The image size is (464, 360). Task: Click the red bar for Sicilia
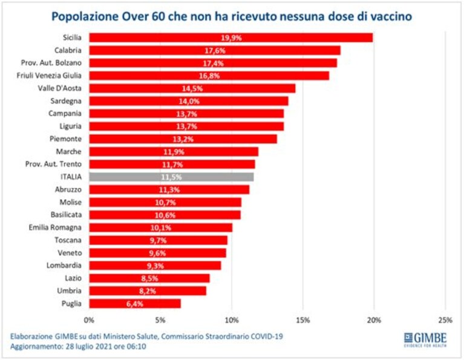231,38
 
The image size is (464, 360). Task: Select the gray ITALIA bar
171,177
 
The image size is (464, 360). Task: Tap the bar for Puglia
135,304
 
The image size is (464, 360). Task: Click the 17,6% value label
215,51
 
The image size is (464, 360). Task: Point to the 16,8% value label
209,76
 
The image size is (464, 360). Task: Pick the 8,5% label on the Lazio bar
150,278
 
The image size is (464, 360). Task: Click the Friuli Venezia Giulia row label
49,76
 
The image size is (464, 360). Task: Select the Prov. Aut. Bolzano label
51,63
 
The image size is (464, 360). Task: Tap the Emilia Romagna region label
55,227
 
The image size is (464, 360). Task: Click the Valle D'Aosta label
59,88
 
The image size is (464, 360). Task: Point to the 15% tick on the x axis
303,320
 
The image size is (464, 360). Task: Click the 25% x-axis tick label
445,320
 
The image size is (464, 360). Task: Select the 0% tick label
89,320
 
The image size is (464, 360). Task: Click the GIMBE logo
425,339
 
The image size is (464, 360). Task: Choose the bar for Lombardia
155,266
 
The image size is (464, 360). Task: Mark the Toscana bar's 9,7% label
158,240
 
